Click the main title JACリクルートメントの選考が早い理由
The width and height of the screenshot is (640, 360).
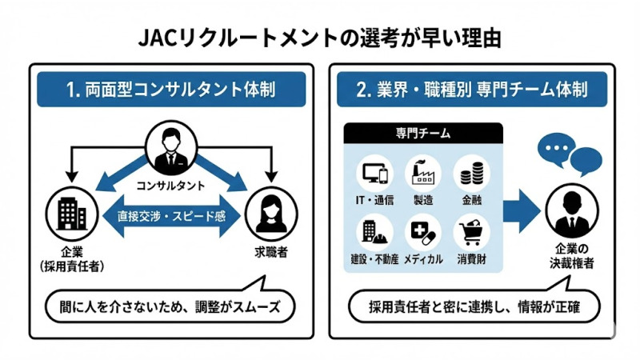pos(320,37)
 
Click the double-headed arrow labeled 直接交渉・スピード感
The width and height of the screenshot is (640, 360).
pos(173,215)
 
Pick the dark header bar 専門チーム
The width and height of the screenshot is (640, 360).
pos(423,133)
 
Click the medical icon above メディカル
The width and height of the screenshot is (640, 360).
pos(422,233)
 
